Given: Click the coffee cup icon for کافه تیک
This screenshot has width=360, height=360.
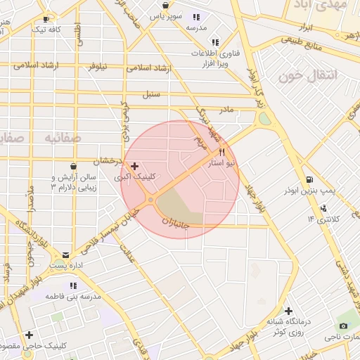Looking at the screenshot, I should click(46, 19).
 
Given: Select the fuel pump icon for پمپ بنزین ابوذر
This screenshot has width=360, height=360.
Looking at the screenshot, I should click(310, 179).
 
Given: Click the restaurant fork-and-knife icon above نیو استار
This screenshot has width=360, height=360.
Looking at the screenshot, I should click(221, 151).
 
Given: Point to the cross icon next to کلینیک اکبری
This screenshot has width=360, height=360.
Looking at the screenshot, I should click(136, 166).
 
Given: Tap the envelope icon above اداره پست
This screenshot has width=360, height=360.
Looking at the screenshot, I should click(66, 255).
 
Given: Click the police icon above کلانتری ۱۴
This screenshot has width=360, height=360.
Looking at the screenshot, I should click(323, 207).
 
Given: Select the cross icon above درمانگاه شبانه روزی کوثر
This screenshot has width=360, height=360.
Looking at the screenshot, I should click(288, 311).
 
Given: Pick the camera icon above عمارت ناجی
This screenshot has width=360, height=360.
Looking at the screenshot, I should click(343, 326).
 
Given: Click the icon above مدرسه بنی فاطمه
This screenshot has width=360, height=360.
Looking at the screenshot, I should click(72, 285).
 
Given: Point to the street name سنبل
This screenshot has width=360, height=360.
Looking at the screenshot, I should click(152, 94).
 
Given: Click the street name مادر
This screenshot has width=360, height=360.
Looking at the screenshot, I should click(226, 110).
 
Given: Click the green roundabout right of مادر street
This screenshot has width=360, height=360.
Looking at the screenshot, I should click(264, 119).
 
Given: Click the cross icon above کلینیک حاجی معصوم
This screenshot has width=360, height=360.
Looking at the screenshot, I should click(30, 335).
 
